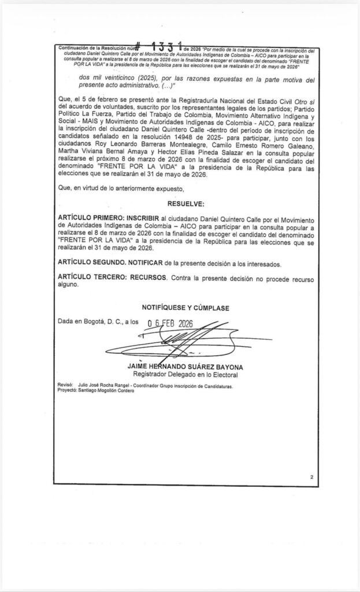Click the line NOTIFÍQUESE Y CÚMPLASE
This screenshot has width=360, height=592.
(185, 306)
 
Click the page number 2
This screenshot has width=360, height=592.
(311, 478)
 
